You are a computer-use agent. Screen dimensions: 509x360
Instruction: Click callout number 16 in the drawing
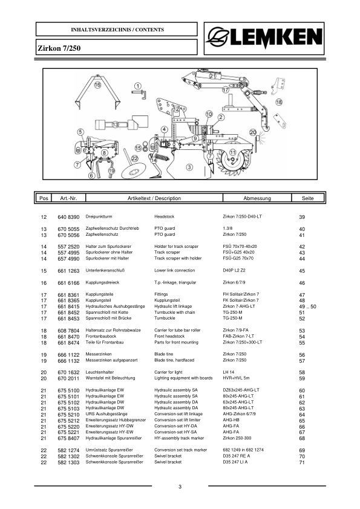(x=97, y=86)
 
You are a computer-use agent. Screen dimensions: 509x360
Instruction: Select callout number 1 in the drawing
(x=137, y=86)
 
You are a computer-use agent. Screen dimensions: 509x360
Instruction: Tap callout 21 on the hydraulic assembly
(x=212, y=76)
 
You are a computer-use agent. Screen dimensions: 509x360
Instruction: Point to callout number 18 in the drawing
(x=278, y=103)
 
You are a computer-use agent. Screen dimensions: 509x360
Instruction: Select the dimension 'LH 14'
(x=229, y=373)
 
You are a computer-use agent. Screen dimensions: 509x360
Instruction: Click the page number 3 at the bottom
(x=180, y=487)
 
